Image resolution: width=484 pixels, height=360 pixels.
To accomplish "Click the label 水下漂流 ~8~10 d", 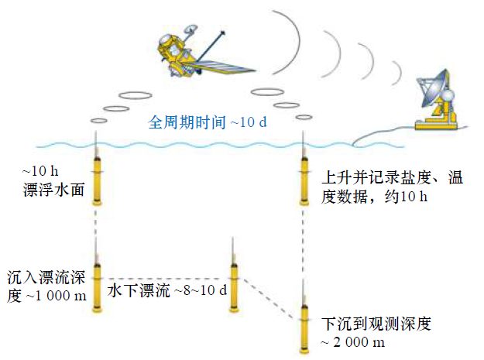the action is tap(166, 291).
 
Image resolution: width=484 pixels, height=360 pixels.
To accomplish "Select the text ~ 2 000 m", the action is tap(352, 341).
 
